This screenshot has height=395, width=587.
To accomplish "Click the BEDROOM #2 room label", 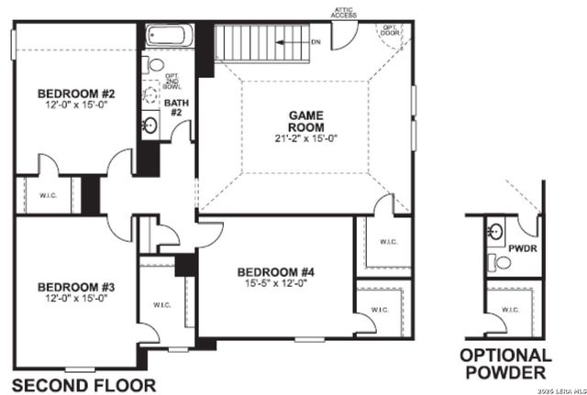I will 75,93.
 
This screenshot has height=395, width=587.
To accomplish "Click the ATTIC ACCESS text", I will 345,12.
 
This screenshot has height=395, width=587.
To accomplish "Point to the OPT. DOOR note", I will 390,30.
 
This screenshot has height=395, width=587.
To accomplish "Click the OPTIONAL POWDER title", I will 505,364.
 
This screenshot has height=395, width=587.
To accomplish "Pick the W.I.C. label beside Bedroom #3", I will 162,305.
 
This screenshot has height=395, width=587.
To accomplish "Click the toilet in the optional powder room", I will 500,262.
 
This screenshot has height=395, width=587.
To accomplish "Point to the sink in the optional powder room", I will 495,230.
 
